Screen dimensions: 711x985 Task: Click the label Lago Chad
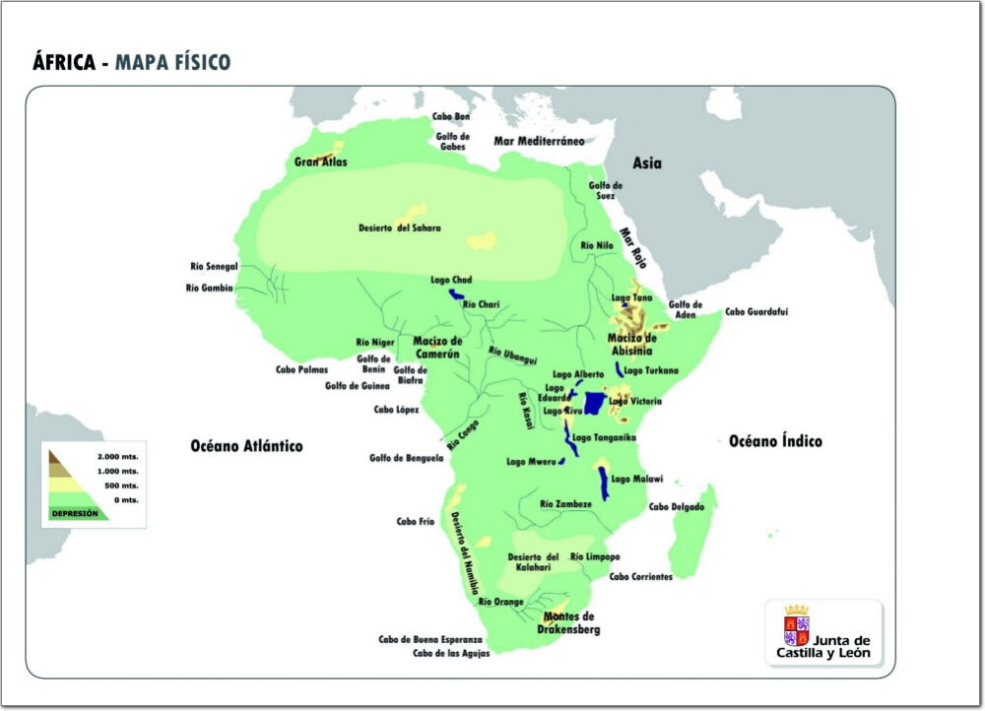click(x=451, y=280)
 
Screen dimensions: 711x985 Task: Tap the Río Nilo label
click(x=597, y=245)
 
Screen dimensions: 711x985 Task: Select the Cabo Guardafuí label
click(x=756, y=312)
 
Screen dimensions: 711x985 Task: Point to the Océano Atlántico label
click(x=246, y=446)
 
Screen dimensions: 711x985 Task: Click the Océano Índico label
click(x=775, y=441)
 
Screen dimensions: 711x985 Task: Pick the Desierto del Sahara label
click(x=399, y=228)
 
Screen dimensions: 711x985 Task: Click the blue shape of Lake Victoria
click(x=594, y=404)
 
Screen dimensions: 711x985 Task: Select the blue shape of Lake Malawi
click(x=603, y=481)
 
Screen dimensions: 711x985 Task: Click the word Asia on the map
click(x=646, y=163)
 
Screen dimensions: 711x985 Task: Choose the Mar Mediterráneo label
click(x=539, y=141)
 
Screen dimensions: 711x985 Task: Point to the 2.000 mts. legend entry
click(x=117, y=458)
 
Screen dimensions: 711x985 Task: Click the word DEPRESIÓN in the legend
click(x=76, y=513)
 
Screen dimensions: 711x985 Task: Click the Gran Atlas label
click(x=321, y=162)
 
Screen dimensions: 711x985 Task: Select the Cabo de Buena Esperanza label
click(x=430, y=639)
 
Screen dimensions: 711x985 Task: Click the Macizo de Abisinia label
click(x=631, y=343)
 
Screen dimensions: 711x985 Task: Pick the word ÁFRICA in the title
click(x=64, y=64)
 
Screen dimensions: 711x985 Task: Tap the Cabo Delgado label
click(x=676, y=507)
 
